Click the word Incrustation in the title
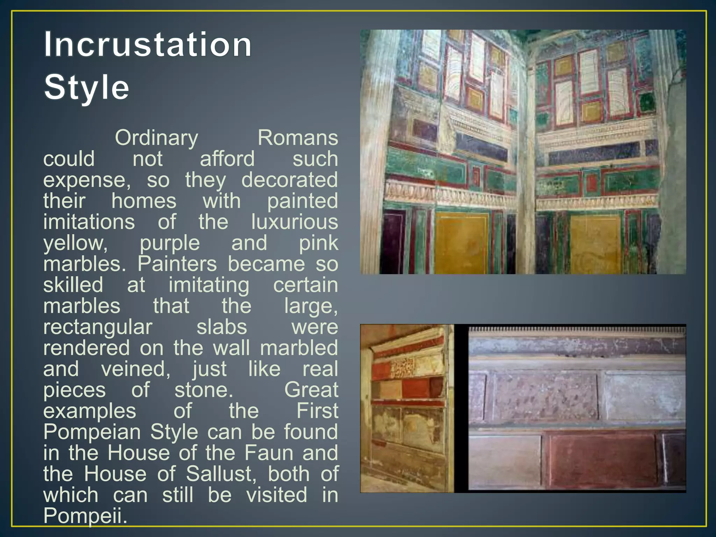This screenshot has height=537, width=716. coord(148,45)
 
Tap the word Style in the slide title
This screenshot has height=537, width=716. coord(86,87)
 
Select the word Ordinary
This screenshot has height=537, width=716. coord(156,138)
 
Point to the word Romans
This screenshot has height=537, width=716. coord(298,138)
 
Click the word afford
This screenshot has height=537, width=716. coord(227,159)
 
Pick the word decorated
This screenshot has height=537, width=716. coord(289,180)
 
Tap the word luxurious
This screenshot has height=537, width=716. coord(294,222)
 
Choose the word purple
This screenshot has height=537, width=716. coord(170,243)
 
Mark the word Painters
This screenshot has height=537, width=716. coord(177,264)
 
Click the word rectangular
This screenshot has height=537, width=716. coord(98,327)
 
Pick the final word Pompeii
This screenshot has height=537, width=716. coord(85,515)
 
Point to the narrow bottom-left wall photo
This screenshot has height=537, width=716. coord(407,408)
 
